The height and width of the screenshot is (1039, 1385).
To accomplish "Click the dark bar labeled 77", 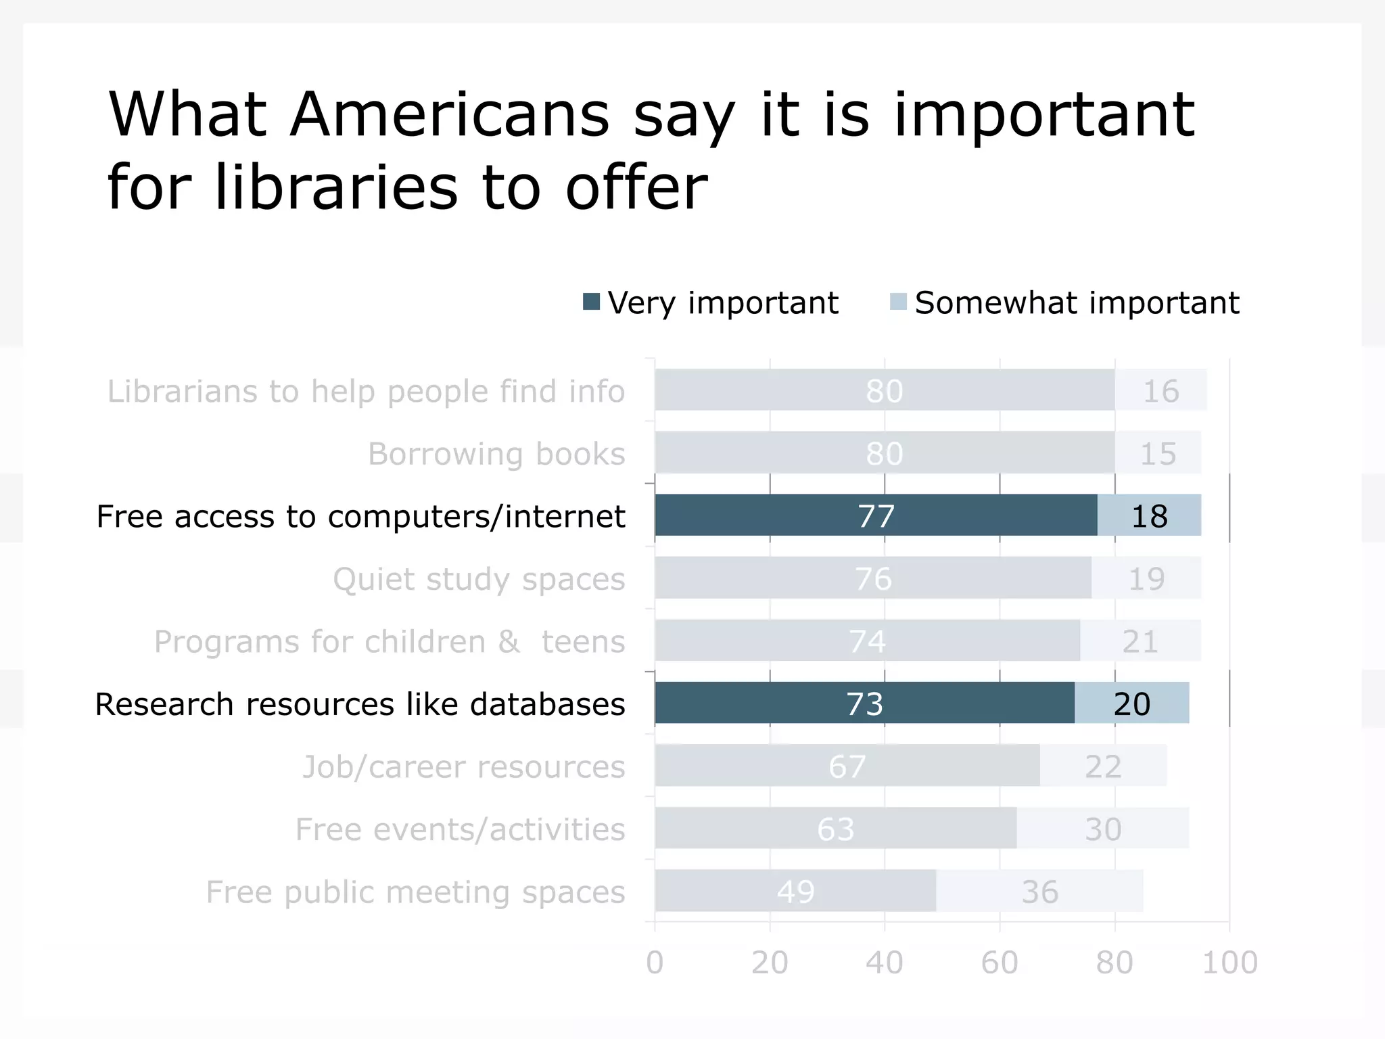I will [x=876, y=515].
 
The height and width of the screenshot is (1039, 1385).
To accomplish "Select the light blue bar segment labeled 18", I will [x=1149, y=515].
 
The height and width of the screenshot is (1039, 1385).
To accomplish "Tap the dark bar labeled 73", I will [x=864, y=703].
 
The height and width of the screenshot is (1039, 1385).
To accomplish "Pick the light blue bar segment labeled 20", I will [x=1131, y=703].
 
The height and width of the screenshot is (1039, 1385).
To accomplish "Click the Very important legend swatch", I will [x=591, y=302].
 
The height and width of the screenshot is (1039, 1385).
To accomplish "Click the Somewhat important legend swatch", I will [x=898, y=302].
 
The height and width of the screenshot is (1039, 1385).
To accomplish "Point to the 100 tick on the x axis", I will [x=1229, y=962].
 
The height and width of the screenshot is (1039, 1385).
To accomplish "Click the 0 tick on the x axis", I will [x=655, y=962].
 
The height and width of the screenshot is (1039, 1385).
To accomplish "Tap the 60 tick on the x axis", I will [x=1000, y=962].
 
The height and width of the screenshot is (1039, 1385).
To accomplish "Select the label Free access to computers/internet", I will [x=360, y=516].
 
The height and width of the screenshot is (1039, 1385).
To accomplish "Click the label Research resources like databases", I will [x=360, y=704].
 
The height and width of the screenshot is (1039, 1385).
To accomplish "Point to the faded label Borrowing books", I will [x=496, y=454].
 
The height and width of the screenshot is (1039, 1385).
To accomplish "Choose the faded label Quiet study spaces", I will [x=479, y=579].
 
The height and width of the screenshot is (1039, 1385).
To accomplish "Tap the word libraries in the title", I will [x=336, y=187].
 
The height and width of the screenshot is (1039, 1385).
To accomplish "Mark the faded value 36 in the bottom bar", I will [x=1039, y=892].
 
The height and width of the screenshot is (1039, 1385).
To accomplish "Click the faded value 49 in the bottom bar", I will [x=795, y=892].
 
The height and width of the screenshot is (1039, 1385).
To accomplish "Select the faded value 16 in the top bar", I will [x=1160, y=391].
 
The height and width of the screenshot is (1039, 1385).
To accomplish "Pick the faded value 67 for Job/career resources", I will [x=847, y=766].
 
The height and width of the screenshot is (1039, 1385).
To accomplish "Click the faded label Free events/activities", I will [x=460, y=829].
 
